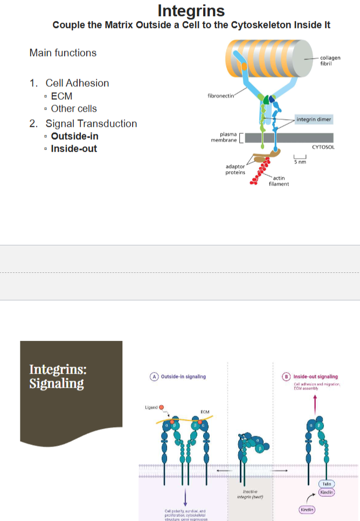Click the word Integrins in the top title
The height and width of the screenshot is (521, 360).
point(191,11)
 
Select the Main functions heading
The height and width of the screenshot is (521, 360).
point(63,53)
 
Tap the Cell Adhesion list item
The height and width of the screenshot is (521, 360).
point(77,83)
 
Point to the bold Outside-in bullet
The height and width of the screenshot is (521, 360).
point(74,136)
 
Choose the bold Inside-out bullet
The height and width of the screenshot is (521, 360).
point(74,149)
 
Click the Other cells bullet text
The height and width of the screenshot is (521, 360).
point(74,108)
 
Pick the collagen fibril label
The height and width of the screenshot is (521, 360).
point(330,60)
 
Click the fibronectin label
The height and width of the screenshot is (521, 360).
point(220,95)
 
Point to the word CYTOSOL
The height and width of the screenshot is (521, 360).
point(323,147)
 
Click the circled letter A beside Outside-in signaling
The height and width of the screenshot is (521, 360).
point(155,376)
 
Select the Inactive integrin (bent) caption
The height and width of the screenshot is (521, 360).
point(250,494)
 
